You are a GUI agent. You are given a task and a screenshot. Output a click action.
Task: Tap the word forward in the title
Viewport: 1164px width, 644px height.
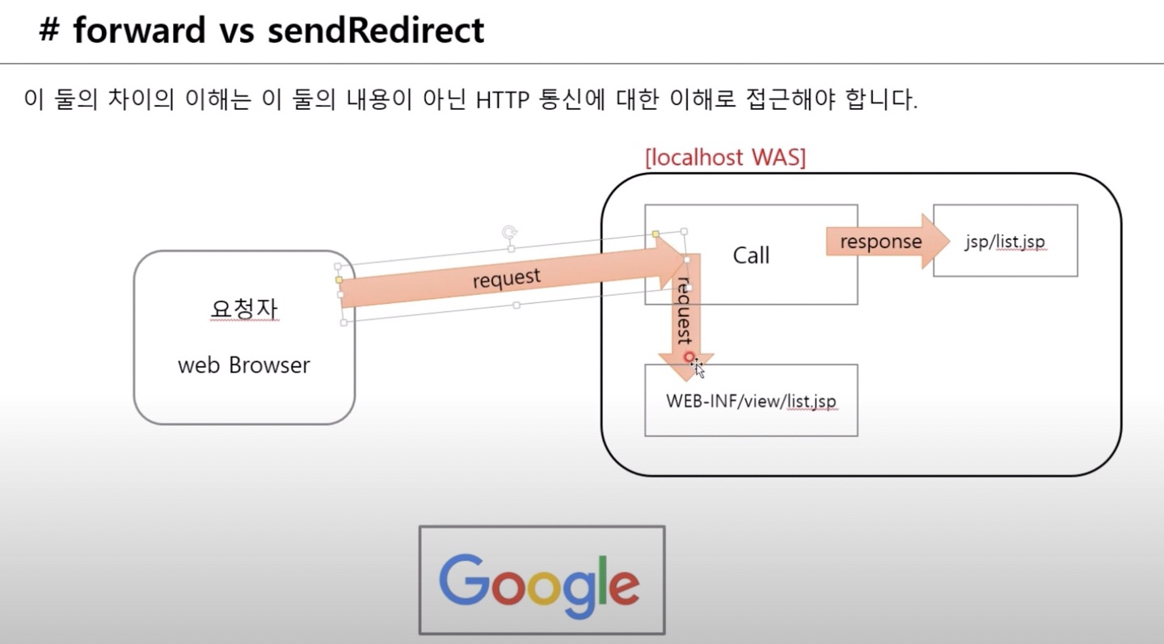139,31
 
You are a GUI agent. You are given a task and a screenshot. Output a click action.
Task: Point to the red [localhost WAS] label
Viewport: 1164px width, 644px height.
725,158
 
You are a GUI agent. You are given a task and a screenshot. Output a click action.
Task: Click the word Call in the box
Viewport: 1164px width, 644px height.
751,255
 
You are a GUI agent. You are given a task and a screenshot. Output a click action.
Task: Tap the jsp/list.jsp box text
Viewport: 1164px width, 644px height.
1006,242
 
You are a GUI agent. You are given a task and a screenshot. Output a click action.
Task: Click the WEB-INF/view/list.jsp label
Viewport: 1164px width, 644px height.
751,401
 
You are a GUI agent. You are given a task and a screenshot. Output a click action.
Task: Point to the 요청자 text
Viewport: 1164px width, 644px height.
243,309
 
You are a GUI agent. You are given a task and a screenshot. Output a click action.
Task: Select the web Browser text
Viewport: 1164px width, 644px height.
243,365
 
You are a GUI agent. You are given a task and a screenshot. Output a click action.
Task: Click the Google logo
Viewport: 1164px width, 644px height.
541,580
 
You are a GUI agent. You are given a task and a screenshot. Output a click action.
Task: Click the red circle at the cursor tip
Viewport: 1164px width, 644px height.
689,356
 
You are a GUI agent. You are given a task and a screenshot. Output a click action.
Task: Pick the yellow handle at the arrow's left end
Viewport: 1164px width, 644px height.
339,280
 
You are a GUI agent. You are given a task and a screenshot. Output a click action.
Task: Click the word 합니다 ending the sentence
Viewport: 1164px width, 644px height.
884,101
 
